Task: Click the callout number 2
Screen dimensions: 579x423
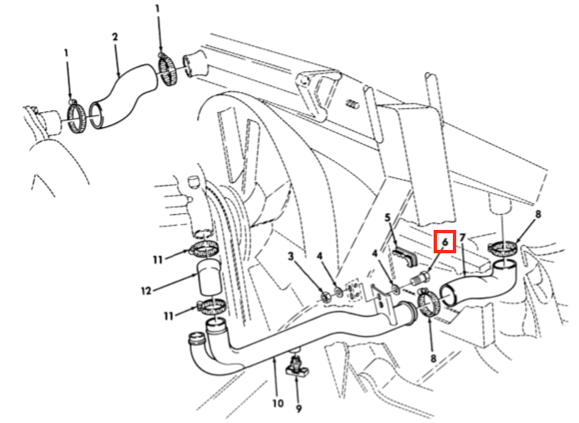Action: tap(114, 37)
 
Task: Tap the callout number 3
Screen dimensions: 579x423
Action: tap(291, 256)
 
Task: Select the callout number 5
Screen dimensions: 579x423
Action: tap(388, 217)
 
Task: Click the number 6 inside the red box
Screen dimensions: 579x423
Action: tap(445, 242)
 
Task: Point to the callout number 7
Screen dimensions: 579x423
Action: tap(463, 237)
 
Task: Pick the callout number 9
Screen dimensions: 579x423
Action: tap(298, 408)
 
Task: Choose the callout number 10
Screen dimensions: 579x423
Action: tap(277, 403)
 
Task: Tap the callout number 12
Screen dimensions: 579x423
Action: tap(146, 291)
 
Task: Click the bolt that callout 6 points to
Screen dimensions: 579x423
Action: tap(420, 278)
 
